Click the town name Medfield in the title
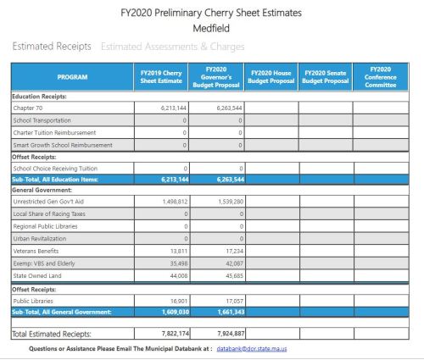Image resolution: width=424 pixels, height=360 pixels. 211,27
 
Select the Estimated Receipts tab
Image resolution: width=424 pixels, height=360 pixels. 51,46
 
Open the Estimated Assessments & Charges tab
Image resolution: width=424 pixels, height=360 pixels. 172,46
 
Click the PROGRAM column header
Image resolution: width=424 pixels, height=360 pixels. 72,77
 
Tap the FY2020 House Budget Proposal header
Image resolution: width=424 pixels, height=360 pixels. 270,77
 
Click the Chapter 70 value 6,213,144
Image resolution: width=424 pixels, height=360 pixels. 173,108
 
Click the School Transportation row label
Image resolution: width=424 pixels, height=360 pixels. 47,120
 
